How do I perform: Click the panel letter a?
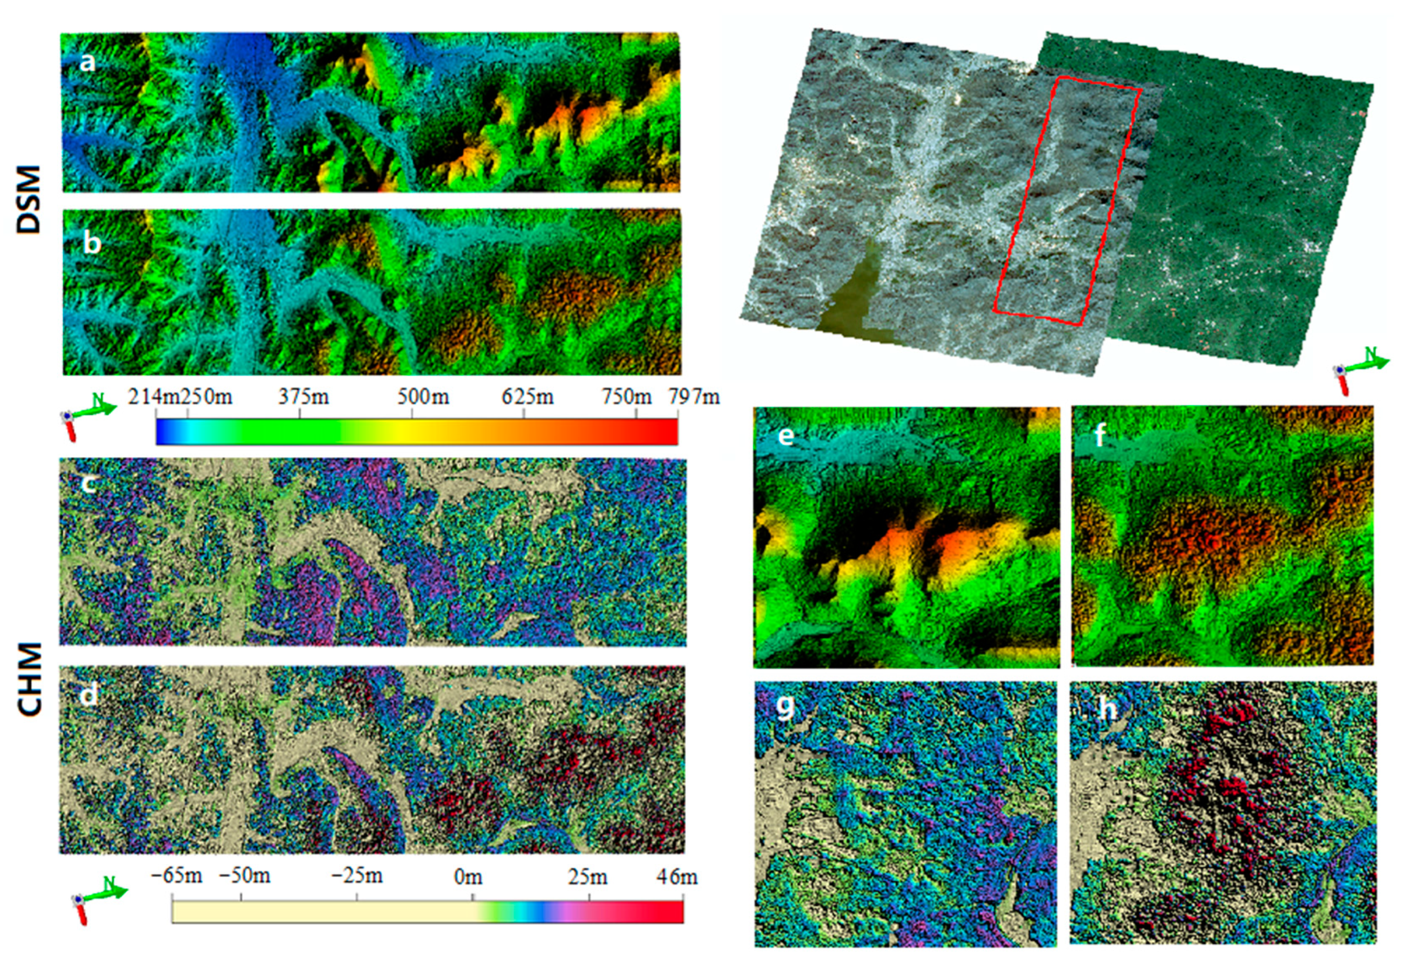point(88,61)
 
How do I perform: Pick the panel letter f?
point(1100,436)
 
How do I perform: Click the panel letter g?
point(785,707)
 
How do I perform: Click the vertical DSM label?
point(28,199)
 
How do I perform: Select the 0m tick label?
point(468,877)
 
